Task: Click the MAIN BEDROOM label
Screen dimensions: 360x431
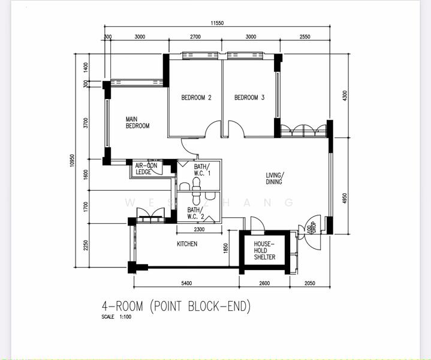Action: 137,122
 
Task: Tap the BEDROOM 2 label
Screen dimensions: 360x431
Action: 197,98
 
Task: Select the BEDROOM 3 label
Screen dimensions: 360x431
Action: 249,98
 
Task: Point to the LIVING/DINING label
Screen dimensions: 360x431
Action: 275,178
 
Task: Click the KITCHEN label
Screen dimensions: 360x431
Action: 186,244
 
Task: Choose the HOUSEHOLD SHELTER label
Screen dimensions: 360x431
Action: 264,250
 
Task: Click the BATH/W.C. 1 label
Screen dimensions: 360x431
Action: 201,169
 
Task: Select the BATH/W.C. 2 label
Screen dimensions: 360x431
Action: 195,213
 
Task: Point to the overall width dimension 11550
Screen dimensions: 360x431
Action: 217,23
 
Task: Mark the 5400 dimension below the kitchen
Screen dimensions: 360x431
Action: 186,283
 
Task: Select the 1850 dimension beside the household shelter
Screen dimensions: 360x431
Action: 225,248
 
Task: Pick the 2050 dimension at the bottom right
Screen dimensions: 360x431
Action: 309,283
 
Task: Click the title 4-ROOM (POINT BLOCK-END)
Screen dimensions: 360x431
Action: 176,306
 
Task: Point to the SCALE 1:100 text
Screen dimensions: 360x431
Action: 116,317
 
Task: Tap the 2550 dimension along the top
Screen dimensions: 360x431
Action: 304,37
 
